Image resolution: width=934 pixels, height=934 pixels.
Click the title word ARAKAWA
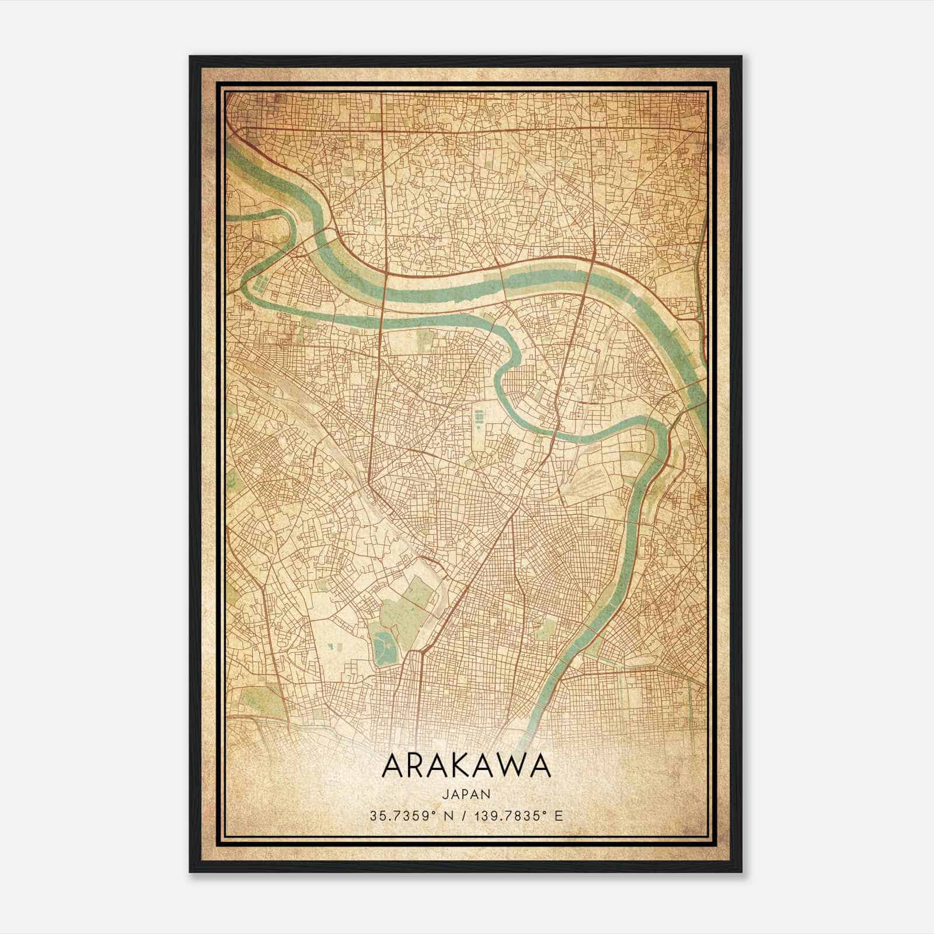point(466,766)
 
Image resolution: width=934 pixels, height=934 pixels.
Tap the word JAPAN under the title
point(466,794)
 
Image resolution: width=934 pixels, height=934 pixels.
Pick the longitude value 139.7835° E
point(514,815)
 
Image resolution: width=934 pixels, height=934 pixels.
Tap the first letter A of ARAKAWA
point(392,766)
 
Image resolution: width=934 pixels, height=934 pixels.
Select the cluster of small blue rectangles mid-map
point(479,416)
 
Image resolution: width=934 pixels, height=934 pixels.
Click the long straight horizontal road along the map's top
point(467,130)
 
